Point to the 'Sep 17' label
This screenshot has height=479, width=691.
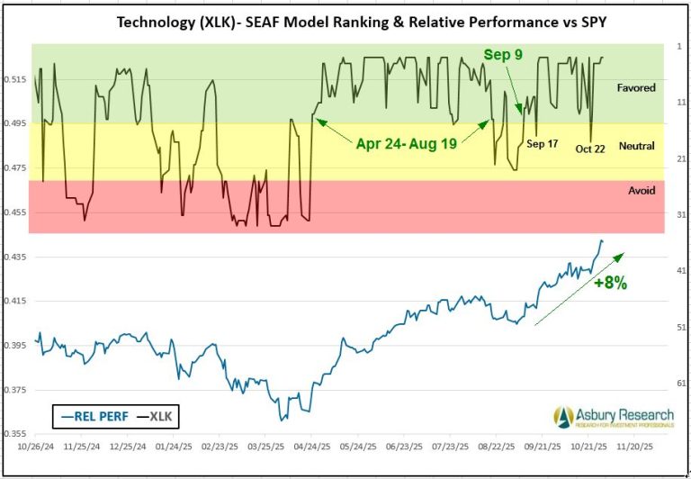542,143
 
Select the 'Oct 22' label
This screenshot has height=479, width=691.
590,149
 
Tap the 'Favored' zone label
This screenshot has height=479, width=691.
635,88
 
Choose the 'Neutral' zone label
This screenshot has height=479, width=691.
636,146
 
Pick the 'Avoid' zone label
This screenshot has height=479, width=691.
641,190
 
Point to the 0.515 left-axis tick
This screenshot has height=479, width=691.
17,80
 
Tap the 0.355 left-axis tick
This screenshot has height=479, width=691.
17,434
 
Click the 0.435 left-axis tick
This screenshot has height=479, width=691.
17,258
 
